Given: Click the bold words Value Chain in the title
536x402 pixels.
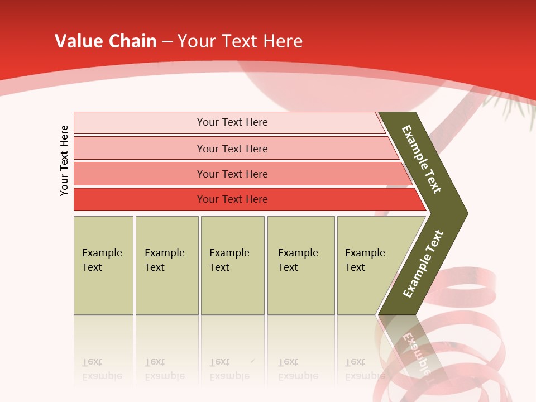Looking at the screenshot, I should (x=106, y=41).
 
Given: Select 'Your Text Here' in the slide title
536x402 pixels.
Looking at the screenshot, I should (x=240, y=41).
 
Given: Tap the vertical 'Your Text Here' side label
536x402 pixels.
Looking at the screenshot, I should (x=64, y=160).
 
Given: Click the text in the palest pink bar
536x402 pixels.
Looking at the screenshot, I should (x=232, y=122).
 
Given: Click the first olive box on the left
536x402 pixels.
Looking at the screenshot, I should (x=103, y=265).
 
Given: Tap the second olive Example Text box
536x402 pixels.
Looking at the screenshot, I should (x=166, y=265).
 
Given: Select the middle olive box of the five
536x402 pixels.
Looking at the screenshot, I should (x=232, y=265).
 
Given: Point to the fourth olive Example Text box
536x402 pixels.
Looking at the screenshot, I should (x=300, y=265).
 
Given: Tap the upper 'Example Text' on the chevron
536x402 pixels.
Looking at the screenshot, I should (x=422, y=160).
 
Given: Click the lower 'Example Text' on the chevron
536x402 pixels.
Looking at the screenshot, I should (x=423, y=264).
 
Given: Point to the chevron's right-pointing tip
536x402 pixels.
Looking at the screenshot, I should (x=465, y=213).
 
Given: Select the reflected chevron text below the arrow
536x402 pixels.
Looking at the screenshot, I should (x=416, y=352).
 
